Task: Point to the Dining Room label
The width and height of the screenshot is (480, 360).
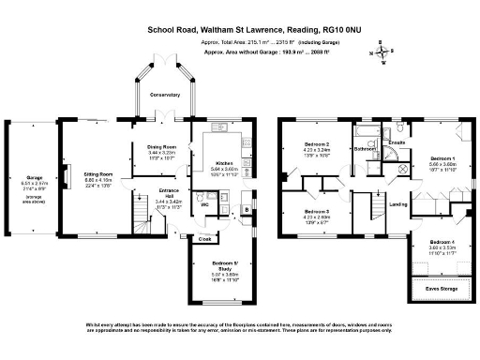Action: tap(162, 147)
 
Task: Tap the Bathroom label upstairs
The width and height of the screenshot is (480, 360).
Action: tap(366, 148)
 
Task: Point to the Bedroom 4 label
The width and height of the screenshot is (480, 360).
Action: tap(441, 241)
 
